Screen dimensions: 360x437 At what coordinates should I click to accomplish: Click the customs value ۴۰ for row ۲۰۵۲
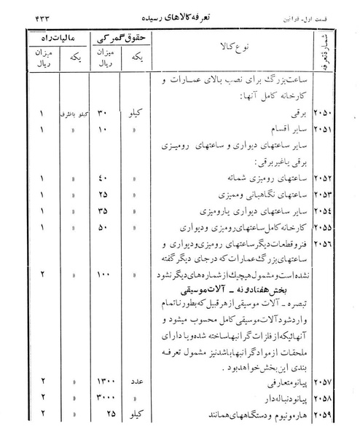pyautogui.click(x=106, y=178)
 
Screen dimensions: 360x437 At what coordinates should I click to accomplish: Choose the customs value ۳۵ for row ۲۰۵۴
pyautogui.click(x=106, y=210)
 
